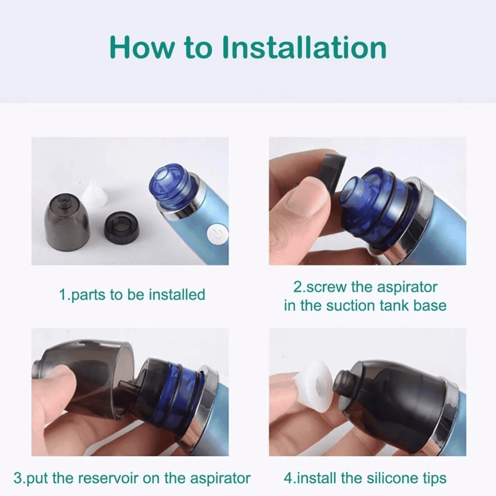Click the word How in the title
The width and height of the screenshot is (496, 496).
click(x=142, y=48)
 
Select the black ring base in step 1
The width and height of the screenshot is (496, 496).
click(x=122, y=228)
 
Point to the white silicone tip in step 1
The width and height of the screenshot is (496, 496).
click(x=95, y=194)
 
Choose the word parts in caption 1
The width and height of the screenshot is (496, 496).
click(x=88, y=296)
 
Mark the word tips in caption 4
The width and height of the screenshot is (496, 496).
click(x=435, y=479)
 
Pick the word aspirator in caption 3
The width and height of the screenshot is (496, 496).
click(x=220, y=479)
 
